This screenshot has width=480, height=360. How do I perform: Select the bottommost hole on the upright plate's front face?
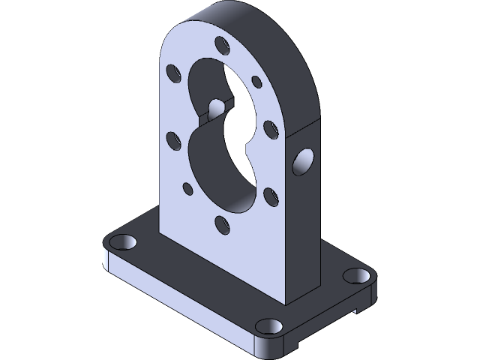(220, 222)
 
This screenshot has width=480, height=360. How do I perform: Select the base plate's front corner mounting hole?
(268, 325)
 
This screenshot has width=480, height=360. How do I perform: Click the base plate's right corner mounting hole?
(353, 275)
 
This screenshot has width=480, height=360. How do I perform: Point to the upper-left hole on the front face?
(173, 73)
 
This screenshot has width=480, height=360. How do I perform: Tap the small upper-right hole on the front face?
(256, 80)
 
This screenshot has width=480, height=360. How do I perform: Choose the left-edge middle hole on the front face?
(172, 139)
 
